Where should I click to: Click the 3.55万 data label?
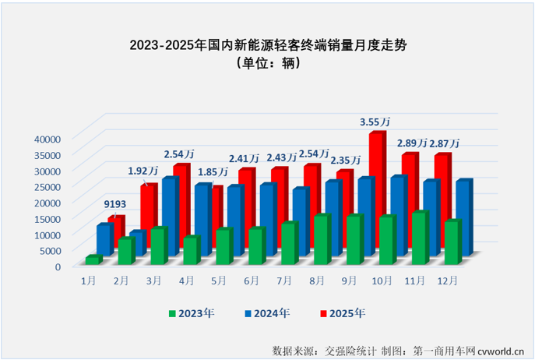pyautogui.click(x=375, y=122)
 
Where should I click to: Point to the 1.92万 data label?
pyautogui.click(x=143, y=171)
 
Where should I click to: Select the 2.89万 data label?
pyautogui.click(x=411, y=143)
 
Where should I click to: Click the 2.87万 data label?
pyautogui.click(x=444, y=143)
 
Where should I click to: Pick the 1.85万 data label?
pyautogui.click(x=212, y=171)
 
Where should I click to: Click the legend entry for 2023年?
pyautogui.click(x=191, y=313)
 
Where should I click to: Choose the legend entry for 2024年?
pyautogui.click(x=267, y=313)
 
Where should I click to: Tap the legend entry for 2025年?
pyautogui.click(x=343, y=313)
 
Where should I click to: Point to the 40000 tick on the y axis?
pyautogui.click(x=48, y=139)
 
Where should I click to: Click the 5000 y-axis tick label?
pyautogui.click(x=50, y=250)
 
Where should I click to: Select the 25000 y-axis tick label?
pyautogui.click(x=48, y=186)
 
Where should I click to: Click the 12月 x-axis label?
pyautogui.click(x=448, y=280)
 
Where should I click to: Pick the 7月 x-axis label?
pyautogui.click(x=285, y=280)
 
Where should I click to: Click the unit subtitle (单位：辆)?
pyautogui.click(x=267, y=65)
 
